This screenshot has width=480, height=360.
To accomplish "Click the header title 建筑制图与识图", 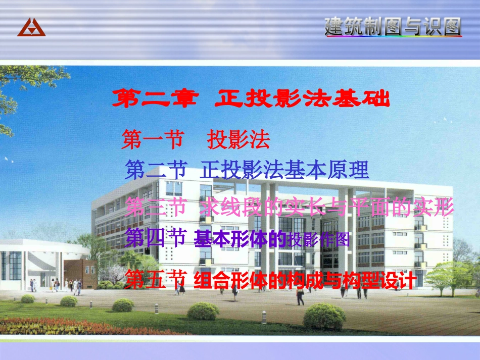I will coord(393,27).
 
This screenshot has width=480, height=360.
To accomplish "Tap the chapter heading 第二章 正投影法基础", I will coord(251,99).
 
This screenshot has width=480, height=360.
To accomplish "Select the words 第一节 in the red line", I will coord(152,140).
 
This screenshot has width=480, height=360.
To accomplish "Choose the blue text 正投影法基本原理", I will coord(285,170).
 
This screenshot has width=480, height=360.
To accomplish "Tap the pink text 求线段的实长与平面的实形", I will coord(327,207).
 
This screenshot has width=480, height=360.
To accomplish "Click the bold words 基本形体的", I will coord(240,239).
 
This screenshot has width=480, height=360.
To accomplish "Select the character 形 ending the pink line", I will coord(445,207).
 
